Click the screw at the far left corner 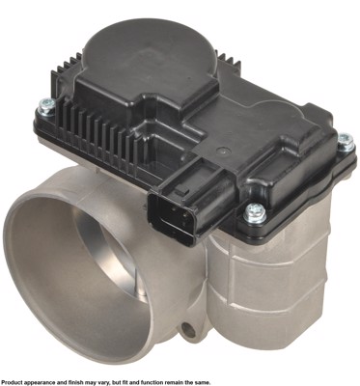click(46, 107)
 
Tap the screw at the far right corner click(346, 141)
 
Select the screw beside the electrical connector click(255, 212)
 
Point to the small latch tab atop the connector click(181, 189)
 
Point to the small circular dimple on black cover click(220, 150)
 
